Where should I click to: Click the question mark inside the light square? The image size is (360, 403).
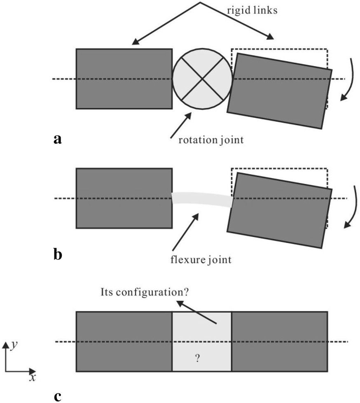(x=197, y=359)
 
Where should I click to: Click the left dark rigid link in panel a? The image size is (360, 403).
(x=124, y=79)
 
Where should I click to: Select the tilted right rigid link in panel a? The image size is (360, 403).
(x=279, y=91)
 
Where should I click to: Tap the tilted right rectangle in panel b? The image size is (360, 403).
(x=279, y=210)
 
